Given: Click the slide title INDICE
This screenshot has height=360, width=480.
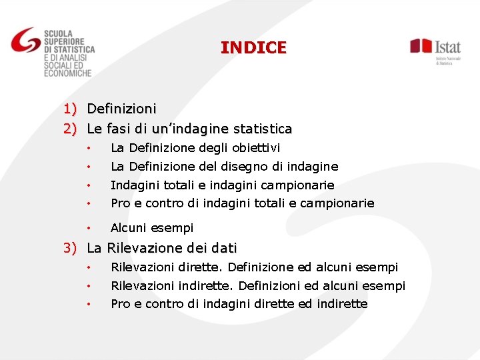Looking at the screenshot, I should (x=253, y=48).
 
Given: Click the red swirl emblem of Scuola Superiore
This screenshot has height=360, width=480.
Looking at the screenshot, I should (x=25, y=42).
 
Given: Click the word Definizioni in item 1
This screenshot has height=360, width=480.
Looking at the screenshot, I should (x=122, y=108).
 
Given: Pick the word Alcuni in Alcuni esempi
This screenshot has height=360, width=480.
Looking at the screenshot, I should (x=129, y=228).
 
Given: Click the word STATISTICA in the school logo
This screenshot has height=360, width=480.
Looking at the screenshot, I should (x=74, y=49).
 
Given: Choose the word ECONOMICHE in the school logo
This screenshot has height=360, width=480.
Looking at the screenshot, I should (x=67, y=73).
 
